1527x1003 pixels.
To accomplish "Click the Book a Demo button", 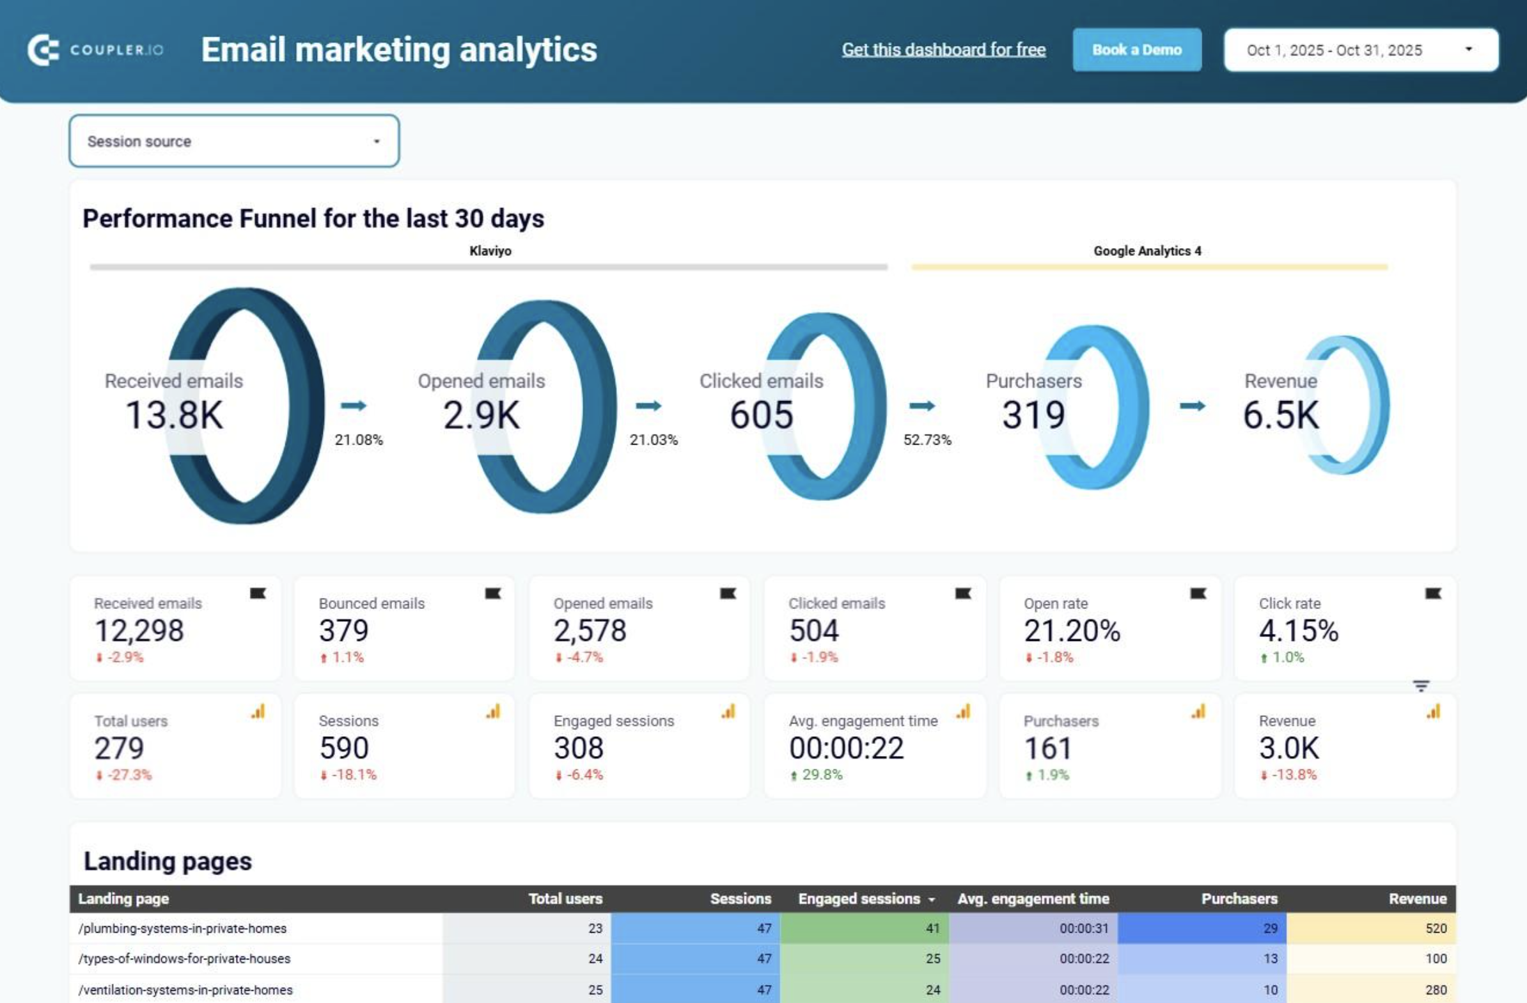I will [x=1136, y=49].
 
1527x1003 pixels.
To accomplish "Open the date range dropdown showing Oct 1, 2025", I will [x=1360, y=49].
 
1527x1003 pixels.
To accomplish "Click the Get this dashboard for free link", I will [x=943, y=49].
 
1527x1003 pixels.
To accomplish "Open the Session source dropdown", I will [x=234, y=141].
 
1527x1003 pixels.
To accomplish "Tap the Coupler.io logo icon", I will [x=43, y=49].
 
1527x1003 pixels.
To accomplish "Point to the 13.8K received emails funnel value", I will [x=174, y=415].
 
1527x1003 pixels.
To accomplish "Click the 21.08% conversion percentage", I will [x=359, y=439].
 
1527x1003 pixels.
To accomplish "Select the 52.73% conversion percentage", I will [x=927, y=439].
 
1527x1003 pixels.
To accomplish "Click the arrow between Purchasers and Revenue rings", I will [x=1192, y=406].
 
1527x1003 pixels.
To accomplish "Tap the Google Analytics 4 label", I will [x=1147, y=251].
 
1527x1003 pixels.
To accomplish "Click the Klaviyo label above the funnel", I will [x=490, y=251].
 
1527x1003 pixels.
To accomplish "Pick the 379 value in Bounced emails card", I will [x=344, y=630].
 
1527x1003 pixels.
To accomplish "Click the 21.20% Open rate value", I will [x=1072, y=630].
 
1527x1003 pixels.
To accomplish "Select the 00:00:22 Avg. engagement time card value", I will [x=845, y=748].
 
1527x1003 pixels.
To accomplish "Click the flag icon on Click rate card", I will [x=1433, y=594].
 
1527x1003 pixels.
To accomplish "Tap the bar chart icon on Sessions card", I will [x=493, y=711].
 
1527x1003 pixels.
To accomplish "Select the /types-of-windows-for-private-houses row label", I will [x=184, y=958].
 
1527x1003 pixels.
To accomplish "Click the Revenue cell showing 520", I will [x=1436, y=928].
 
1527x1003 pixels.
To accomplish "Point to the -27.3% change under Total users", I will [x=129, y=775].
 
